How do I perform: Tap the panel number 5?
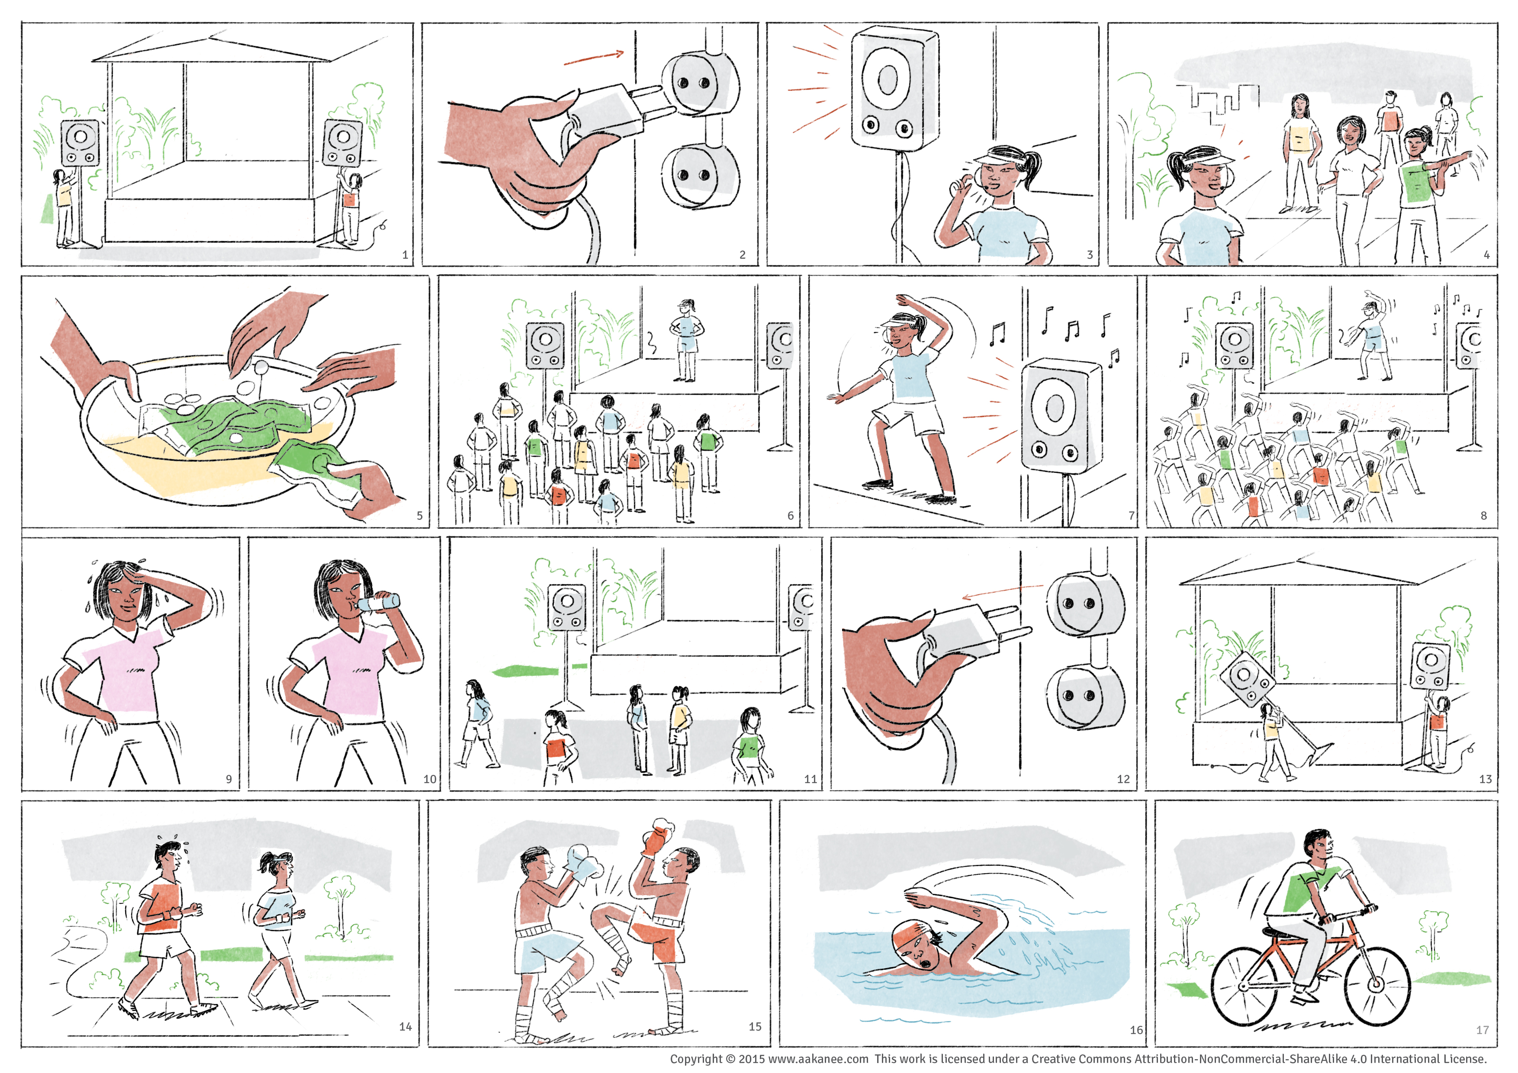point(420,515)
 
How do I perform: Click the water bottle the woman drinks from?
point(378,602)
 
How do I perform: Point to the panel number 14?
point(405,1026)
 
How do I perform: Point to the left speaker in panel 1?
point(80,143)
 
